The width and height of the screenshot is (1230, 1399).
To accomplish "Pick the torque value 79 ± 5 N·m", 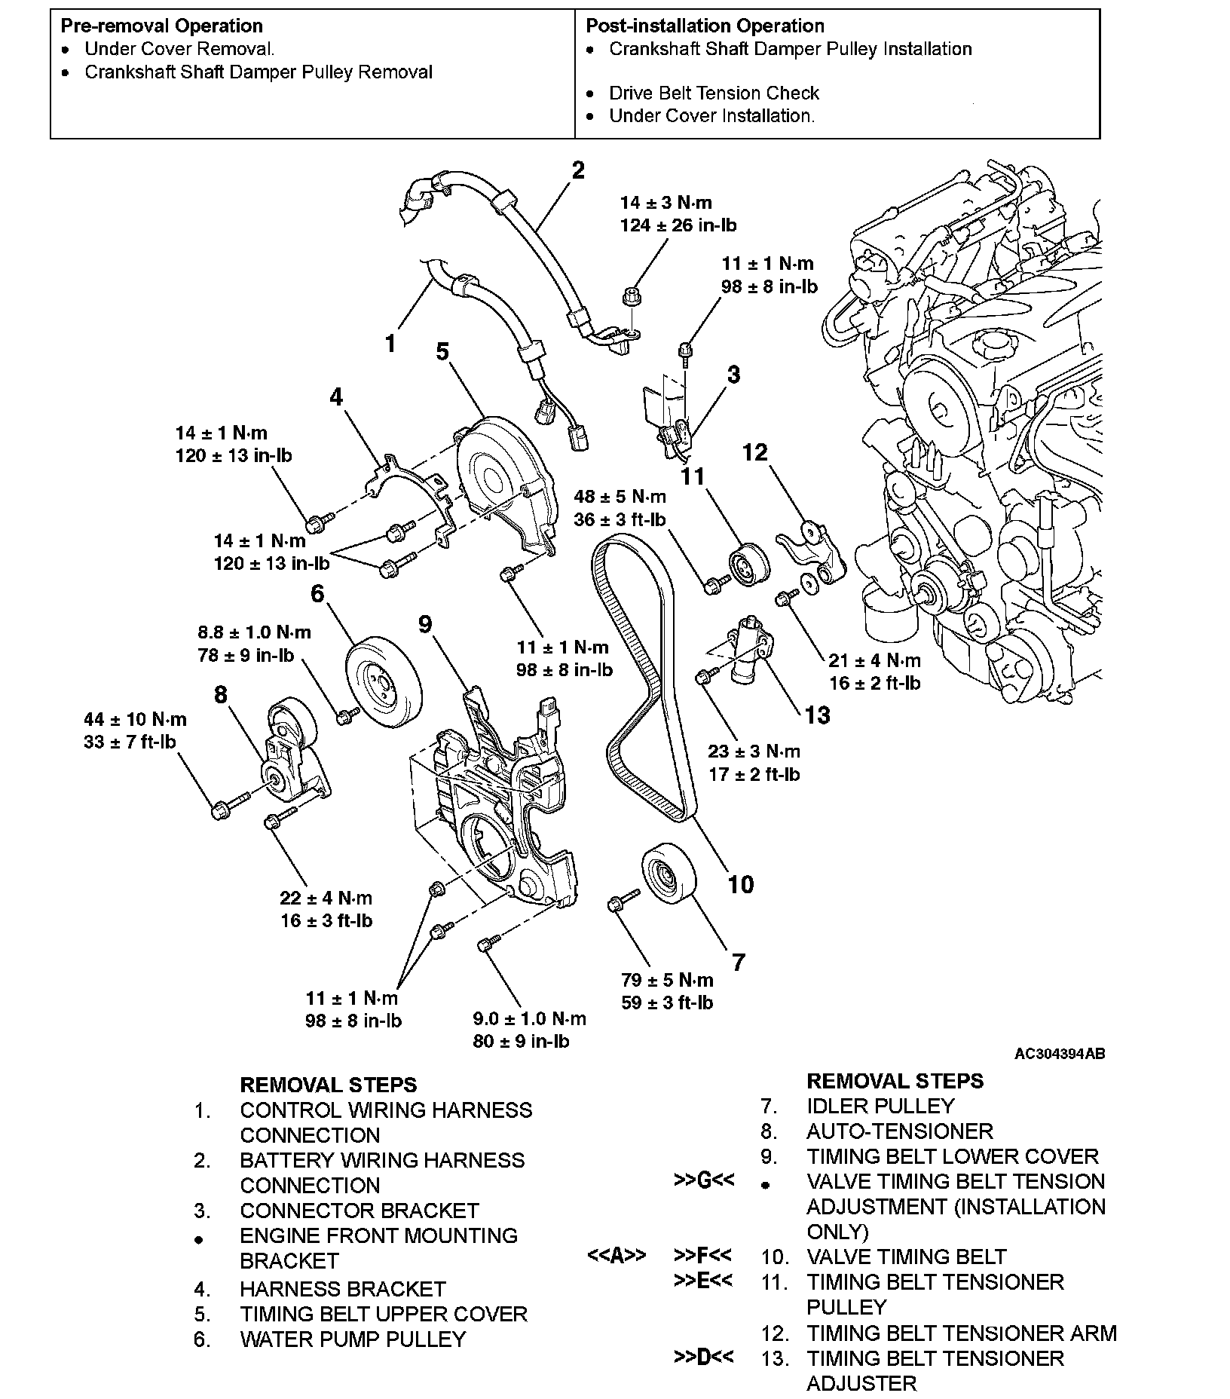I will pos(667,980).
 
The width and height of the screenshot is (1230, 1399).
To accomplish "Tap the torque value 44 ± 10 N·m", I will pos(136,719).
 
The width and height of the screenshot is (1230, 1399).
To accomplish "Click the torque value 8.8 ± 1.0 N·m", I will pos(254,632).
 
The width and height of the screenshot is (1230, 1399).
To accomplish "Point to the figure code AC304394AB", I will pos(1059,1054).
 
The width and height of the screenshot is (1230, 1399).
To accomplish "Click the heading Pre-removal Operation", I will pos(161,26).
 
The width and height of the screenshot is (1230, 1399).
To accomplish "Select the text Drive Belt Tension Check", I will pos(714,93).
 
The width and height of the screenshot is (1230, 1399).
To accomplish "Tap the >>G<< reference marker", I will pos(703,1180).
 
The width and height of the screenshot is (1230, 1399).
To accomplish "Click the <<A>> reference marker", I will pos(616,1256).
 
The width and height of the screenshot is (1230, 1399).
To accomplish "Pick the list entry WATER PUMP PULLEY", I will pos(353,1339).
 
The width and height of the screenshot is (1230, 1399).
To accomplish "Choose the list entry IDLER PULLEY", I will pos(880,1106).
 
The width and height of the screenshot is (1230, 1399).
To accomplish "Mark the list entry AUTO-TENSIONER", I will pos(900,1131).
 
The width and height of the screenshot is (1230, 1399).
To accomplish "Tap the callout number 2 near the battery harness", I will pos(578,170).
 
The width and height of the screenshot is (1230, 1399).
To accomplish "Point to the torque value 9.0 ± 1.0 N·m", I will pos(529,1019).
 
